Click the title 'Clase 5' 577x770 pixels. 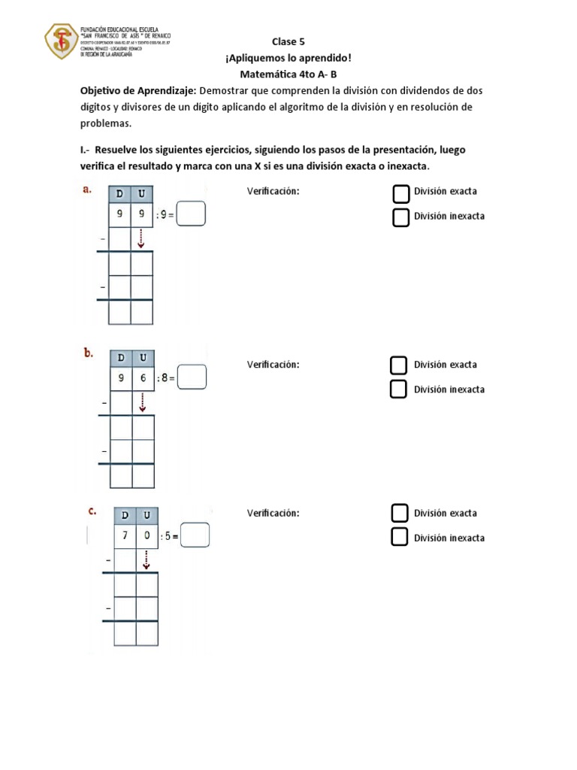coord(288,42)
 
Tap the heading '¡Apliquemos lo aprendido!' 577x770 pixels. coord(288,58)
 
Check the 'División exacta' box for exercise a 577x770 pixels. coord(401,193)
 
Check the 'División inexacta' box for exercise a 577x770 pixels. coord(401,217)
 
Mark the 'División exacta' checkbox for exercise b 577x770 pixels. coord(399,365)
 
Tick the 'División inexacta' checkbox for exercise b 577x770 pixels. coord(399,390)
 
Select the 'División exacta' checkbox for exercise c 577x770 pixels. coord(400,514)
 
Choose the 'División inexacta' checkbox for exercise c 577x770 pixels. coord(400,538)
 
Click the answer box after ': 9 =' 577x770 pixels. coord(192,216)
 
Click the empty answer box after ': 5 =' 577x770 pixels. coord(195,535)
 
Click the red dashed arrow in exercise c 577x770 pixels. coord(146,559)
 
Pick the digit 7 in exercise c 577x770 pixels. coord(125,536)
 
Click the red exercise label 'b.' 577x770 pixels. coord(89,352)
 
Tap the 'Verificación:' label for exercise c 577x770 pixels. coord(273,514)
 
